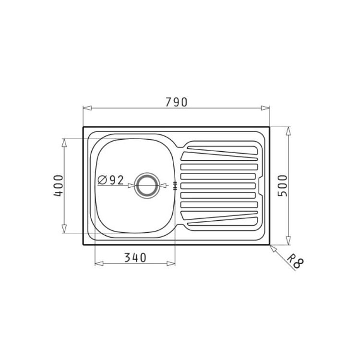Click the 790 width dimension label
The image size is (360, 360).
point(176,102)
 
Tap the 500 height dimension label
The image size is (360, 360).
point(283,185)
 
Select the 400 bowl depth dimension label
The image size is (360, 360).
point(58,185)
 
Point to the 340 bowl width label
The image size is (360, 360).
point(135,258)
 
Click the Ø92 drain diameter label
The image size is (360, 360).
point(111,180)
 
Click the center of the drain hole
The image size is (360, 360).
point(147,185)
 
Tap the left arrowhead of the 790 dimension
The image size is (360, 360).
point(87,108)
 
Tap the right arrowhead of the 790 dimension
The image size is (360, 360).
point(265,108)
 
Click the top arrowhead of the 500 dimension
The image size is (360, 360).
point(288,131)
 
